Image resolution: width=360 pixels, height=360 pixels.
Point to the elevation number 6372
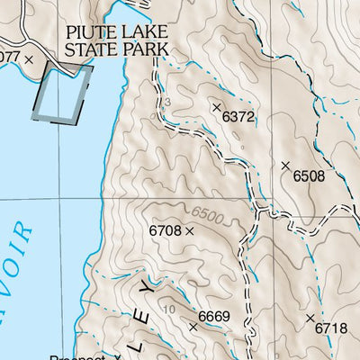pyautogui.click(x=238, y=117)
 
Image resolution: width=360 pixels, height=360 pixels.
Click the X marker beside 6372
pyautogui.click(x=216, y=107)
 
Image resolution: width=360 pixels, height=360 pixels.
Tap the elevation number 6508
pyautogui.click(x=309, y=176)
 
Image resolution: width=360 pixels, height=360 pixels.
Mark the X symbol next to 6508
pyautogui.click(x=285, y=166)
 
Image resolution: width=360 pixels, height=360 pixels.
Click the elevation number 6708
pyautogui.click(x=166, y=231)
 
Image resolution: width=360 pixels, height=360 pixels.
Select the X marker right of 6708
pyautogui.click(x=190, y=231)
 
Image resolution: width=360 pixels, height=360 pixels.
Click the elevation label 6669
pyautogui.click(x=214, y=316)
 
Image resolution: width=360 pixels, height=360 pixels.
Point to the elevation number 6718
pyautogui.click(x=330, y=328)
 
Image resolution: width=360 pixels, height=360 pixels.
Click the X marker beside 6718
pyautogui.click(x=310, y=319)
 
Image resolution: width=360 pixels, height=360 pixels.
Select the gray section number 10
pyautogui.click(x=170, y=310)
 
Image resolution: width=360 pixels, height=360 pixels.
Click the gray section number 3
pyautogui.click(x=166, y=103)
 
